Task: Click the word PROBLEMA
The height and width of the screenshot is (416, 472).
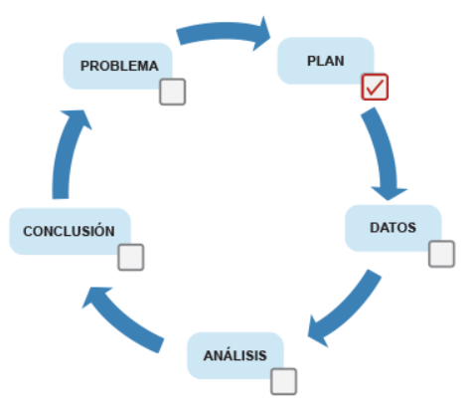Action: tap(119, 66)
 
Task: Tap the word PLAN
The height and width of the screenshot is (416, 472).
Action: tap(326, 61)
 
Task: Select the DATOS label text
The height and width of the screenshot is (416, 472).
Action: tap(393, 228)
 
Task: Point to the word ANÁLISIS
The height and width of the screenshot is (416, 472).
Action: tap(236, 355)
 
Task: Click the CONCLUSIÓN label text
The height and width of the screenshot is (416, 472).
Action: tap(69, 231)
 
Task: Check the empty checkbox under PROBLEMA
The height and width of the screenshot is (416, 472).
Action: tap(173, 92)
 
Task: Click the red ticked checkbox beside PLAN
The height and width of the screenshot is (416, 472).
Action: tap(375, 87)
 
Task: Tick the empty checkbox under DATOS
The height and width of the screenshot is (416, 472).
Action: tap(441, 254)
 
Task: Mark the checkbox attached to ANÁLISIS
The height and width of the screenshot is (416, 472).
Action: tap(283, 381)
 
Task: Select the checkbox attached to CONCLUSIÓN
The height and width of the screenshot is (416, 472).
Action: tap(131, 257)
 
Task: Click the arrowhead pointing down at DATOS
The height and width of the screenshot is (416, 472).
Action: tap(389, 193)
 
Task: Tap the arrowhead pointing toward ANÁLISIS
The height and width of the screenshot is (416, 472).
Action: tap(317, 331)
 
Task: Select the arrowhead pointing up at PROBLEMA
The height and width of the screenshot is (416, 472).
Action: tap(77, 118)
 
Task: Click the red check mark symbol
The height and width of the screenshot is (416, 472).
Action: tap(375, 88)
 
